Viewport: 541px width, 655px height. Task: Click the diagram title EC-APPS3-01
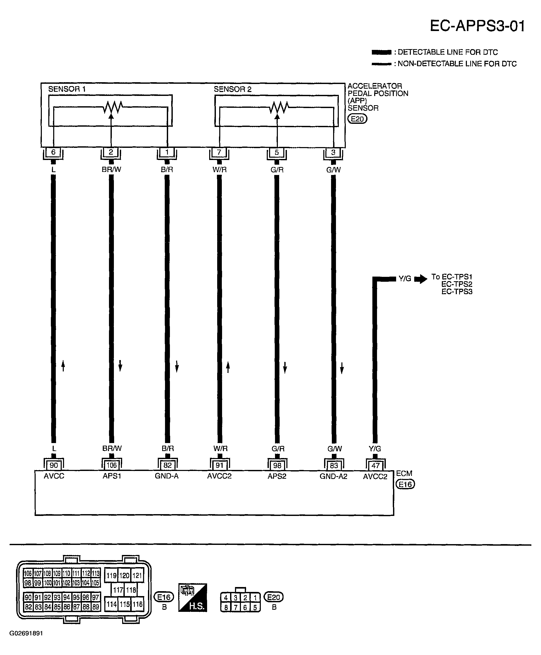tap(477, 26)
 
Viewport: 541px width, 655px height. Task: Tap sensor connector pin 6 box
tap(53, 152)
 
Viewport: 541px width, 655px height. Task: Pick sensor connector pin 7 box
tap(219, 152)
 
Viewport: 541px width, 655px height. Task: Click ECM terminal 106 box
tap(112, 465)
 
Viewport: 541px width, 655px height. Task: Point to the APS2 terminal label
tap(277, 476)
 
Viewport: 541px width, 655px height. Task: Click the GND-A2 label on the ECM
tap(333, 476)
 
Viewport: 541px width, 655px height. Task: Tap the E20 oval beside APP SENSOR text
tap(357, 119)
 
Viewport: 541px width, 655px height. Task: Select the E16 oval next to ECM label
tap(405, 484)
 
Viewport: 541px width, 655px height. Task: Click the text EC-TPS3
tap(457, 292)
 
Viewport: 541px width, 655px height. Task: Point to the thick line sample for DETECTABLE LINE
tap(381, 52)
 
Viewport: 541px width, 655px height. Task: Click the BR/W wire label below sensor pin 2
tap(111, 170)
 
